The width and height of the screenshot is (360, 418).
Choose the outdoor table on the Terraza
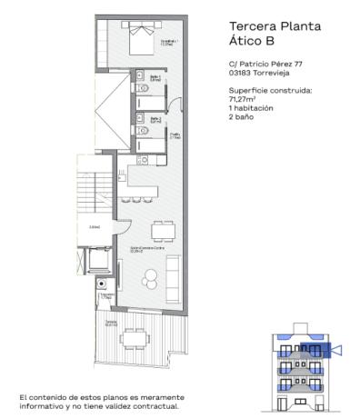[136, 340]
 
